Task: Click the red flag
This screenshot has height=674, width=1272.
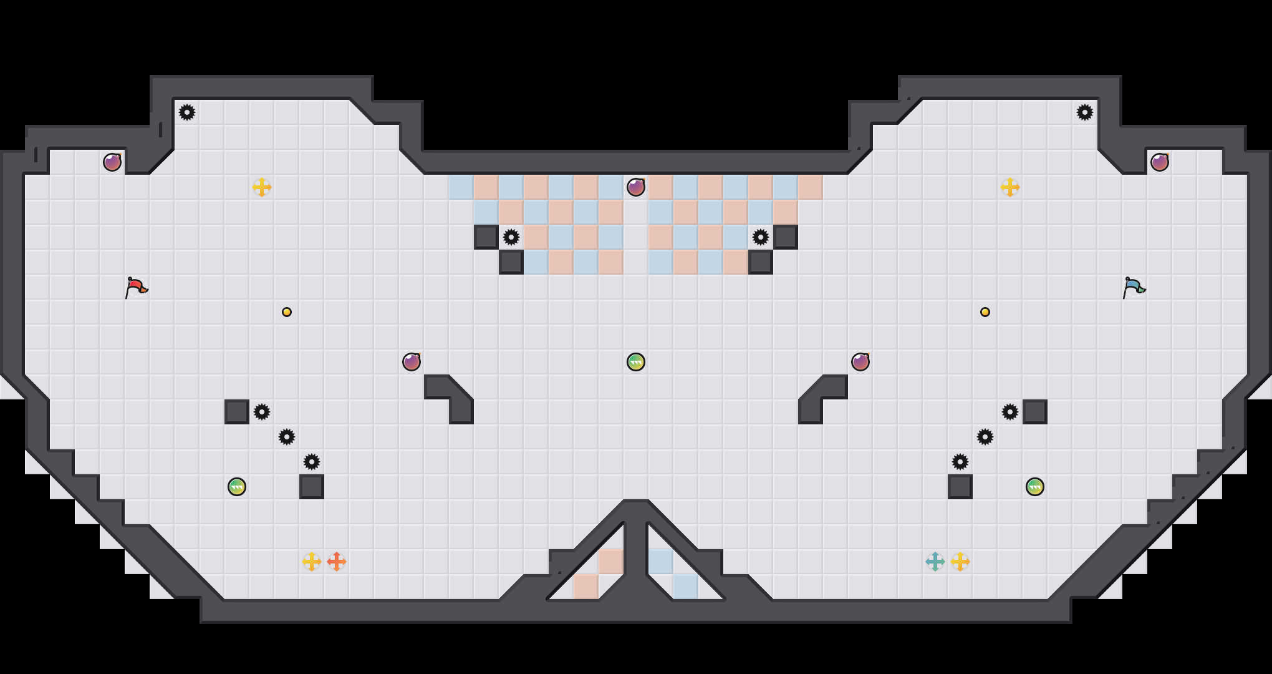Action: point(135,287)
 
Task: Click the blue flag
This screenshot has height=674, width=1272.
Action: point(1133,287)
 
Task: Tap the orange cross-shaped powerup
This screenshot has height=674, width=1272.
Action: point(337,562)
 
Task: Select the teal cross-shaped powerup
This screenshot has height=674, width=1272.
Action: point(935,562)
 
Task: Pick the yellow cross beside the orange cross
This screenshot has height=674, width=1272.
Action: point(312,562)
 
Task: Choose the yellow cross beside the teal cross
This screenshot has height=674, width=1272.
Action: point(960,562)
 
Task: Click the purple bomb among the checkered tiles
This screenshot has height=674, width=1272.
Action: point(636,187)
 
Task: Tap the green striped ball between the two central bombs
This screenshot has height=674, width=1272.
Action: point(636,362)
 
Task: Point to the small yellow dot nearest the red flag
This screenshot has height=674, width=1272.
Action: point(287,312)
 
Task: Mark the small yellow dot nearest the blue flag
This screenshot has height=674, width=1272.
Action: point(985,312)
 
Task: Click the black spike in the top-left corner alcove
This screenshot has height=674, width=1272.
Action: point(187,112)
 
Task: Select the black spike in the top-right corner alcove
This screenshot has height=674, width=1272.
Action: point(1085,112)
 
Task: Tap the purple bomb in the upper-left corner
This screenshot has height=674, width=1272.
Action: point(112,162)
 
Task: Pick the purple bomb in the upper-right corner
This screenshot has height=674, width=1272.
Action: point(1160,162)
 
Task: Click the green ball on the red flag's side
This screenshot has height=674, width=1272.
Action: point(237,487)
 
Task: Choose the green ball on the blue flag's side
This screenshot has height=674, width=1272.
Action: point(1035,487)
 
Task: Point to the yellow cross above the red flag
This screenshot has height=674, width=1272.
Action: point(262,187)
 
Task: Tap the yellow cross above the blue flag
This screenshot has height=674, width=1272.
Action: point(1010,187)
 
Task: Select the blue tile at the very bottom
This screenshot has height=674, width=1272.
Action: point(686,587)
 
